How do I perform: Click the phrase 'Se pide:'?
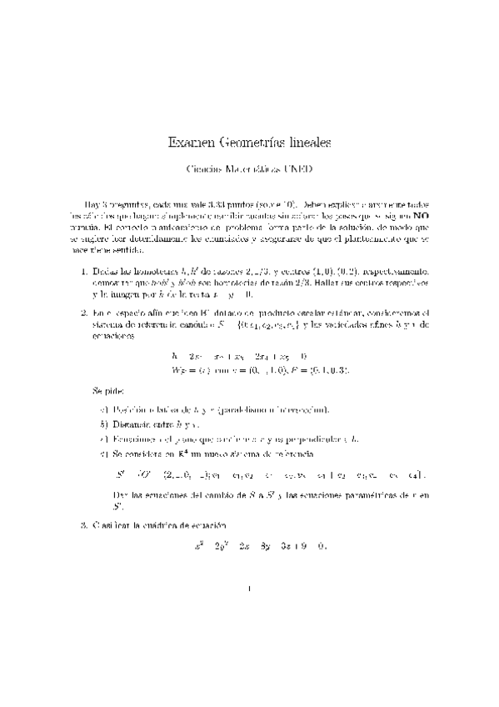pyautogui.click(x=107, y=390)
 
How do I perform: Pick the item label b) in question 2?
pyautogui.click(x=104, y=423)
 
